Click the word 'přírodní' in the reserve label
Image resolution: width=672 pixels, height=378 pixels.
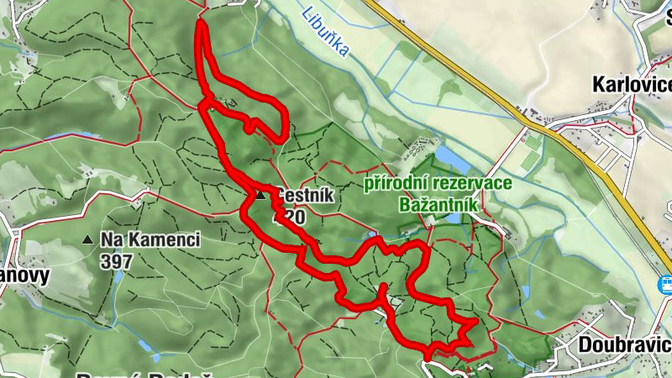[394, 183]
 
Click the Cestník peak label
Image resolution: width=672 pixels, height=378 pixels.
[306, 196]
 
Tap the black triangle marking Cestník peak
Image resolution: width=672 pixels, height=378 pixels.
[260, 196]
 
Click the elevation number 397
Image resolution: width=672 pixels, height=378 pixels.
[116, 262]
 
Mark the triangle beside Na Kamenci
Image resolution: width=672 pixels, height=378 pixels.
[87, 240]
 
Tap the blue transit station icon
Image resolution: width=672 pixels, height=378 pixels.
[664, 284]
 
